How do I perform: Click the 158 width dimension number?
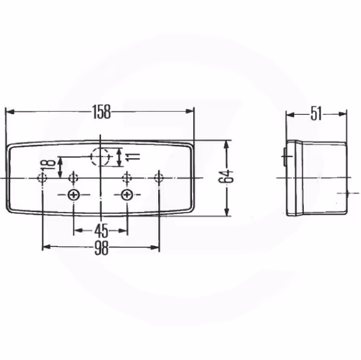pos(102,112)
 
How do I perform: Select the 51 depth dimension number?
pos(316,114)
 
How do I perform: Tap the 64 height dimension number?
pos(226,176)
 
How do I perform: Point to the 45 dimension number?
pos(101,231)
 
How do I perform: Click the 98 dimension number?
pos(102,248)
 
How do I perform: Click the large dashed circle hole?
pos(100,157)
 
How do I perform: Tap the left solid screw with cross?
pos(73,195)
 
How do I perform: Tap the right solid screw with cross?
pos(126,195)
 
